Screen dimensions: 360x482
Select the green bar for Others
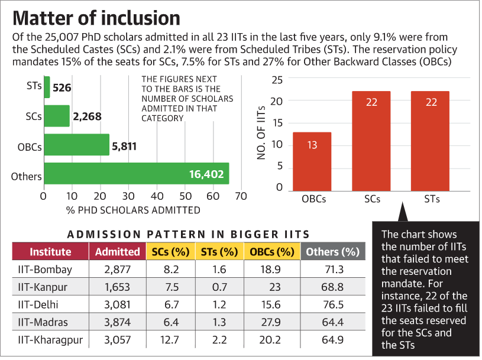point(136,174)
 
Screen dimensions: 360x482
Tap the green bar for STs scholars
point(47,87)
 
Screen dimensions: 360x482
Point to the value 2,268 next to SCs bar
point(87,116)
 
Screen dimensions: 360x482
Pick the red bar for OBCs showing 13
point(312,161)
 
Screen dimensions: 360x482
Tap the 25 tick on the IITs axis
point(277,80)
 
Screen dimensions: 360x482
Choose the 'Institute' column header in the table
point(50,252)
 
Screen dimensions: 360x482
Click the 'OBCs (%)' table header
point(271,252)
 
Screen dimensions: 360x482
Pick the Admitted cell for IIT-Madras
point(117,323)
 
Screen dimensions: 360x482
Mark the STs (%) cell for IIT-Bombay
point(218,270)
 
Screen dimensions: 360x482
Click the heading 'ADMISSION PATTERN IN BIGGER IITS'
point(189,234)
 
